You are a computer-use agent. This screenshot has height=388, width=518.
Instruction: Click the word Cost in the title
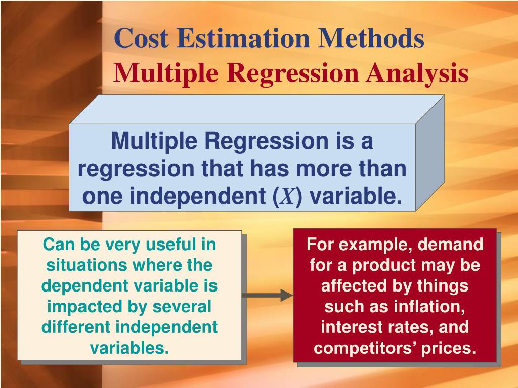142,39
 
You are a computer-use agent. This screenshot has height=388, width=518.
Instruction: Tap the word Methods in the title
371,39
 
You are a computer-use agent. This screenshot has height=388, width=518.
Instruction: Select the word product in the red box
381,265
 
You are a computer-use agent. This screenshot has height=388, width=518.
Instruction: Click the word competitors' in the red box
365,348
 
